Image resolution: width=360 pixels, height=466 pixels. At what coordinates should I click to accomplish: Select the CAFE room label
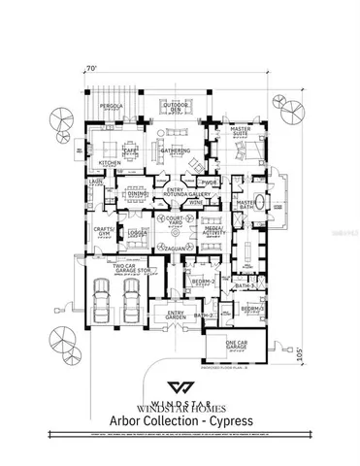click(128, 150)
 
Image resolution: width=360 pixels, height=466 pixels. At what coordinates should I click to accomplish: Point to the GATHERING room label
click(176, 150)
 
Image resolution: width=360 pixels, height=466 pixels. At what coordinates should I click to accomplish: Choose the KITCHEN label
click(110, 163)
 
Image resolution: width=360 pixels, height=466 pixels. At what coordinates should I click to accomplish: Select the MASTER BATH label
click(245, 204)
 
